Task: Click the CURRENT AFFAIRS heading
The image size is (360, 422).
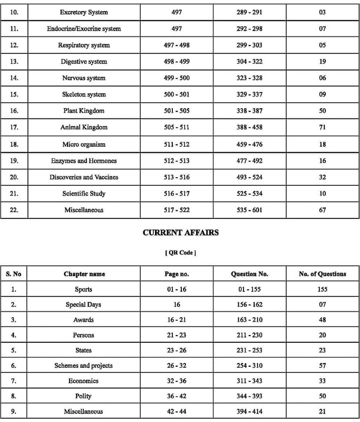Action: tap(180, 232)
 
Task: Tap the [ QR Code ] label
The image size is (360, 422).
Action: tap(180, 253)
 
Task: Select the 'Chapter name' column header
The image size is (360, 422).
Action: tap(84, 274)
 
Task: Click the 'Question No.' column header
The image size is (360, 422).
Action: tap(249, 274)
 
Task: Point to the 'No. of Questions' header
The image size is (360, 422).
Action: tap(323, 274)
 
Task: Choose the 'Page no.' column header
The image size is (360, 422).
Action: tap(177, 274)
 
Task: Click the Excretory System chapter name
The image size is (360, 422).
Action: tap(84, 12)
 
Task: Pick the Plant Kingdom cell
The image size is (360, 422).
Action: tap(84, 111)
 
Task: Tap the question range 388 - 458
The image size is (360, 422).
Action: tap(249, 127)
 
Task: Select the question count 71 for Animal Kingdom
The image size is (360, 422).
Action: tap(323, 127)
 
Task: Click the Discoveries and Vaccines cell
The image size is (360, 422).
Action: tap(84, 177)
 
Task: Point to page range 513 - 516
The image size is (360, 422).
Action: tap(177, 177)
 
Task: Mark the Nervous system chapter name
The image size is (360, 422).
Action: tap(84, 78)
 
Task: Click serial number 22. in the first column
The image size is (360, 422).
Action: tap(14, 210)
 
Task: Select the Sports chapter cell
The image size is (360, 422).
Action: tap(84, 289)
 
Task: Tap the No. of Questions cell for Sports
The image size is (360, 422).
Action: tap(323, 289)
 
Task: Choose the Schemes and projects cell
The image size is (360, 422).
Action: tap(84, 366)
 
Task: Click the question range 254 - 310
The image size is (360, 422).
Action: tap(249, 366)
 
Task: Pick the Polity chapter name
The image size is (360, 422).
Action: tap(84, 396)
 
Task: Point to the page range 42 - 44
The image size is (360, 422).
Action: tap(177, 411)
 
